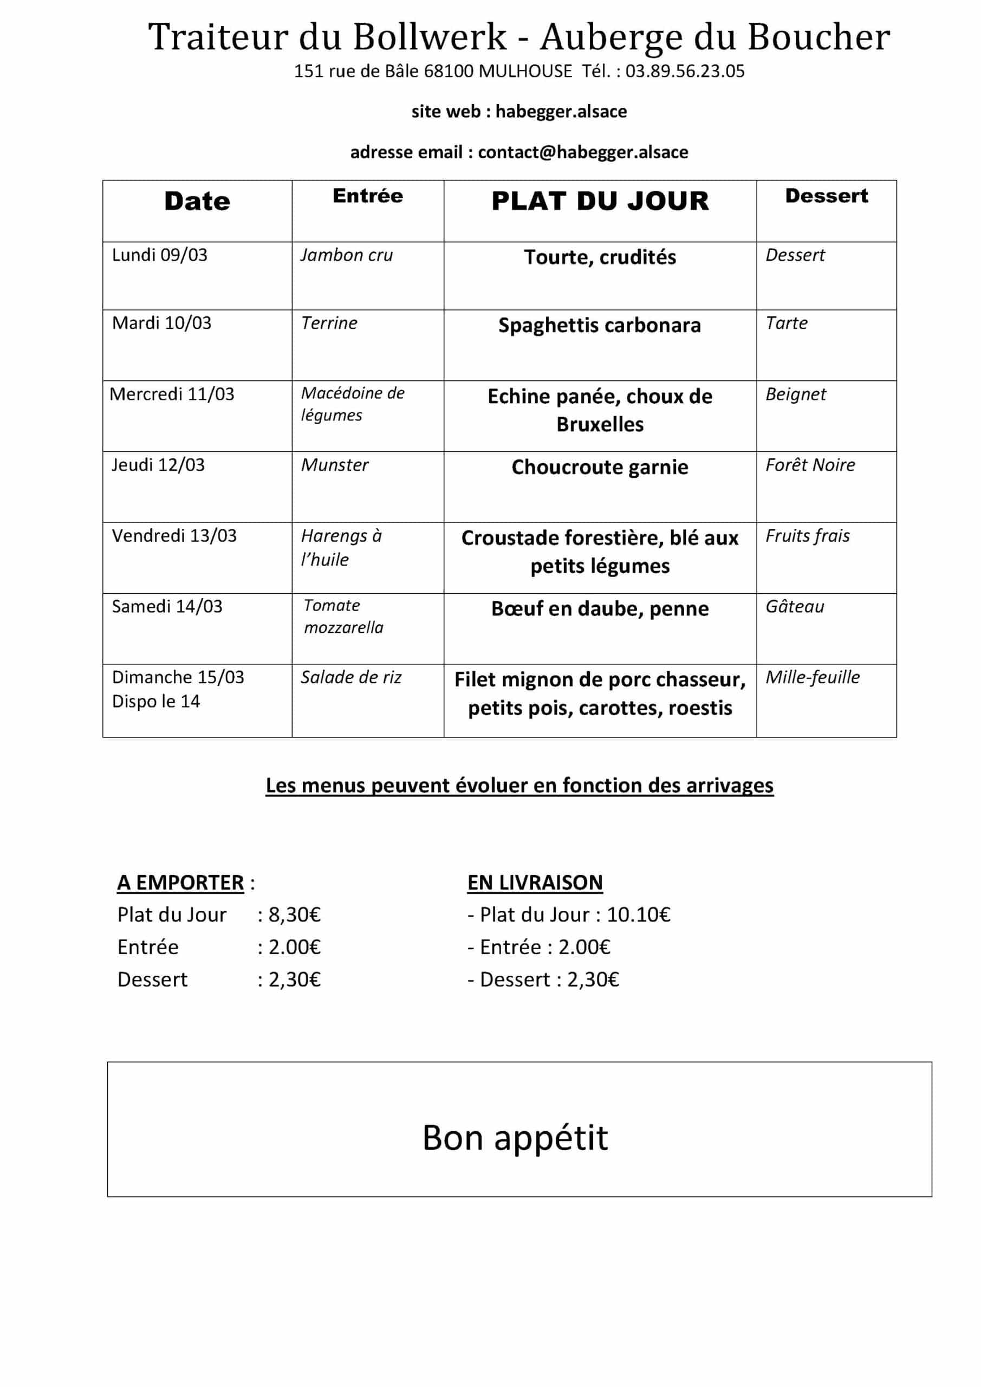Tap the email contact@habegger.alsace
tap(582, 152)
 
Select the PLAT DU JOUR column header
tap(600, 201)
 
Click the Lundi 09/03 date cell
tap(159, 255)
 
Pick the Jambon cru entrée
tap(347, 255)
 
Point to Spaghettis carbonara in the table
tap(599, 325)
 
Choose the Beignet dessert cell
tap(796, 394)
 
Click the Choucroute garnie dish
tap(599, 467)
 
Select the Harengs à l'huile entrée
tap(341, 547)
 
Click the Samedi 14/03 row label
tap(167, 606)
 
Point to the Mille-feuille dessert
tap(813, 677)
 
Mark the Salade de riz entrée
tap(351, 677)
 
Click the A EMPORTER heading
tap(180, 883)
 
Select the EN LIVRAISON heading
tap(535, 883)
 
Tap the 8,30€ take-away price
tap(294, 915)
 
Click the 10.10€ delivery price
tap(639, 915)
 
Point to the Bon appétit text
tap(515, 1138)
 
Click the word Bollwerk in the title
tap(430, 37)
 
